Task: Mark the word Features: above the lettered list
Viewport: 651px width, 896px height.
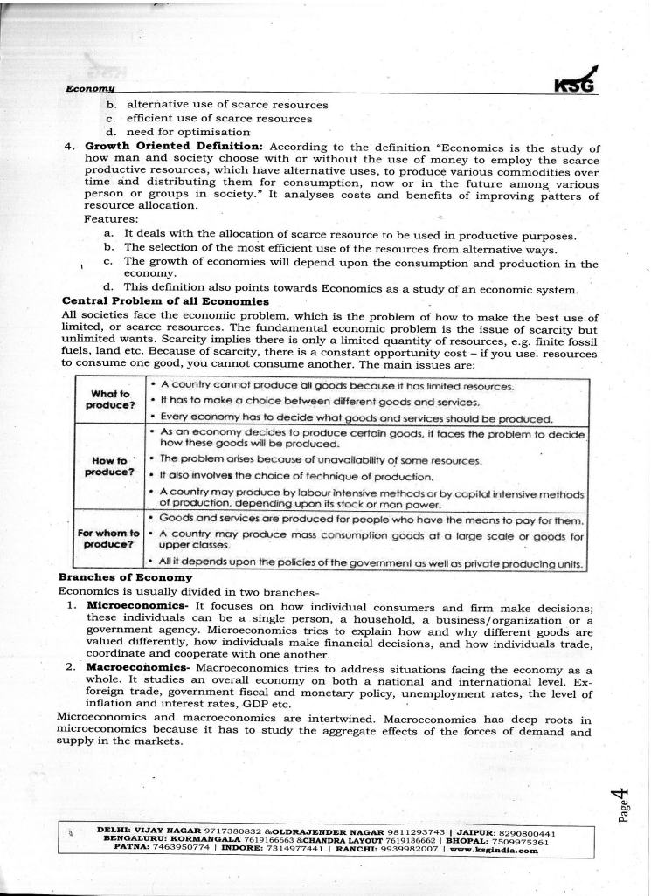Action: (x=110, y=220)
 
